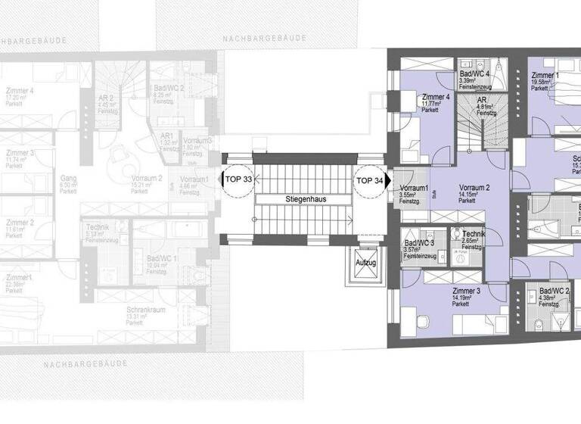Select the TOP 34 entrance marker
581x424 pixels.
coord(369,180)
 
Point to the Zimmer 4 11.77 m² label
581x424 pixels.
coord(437,101)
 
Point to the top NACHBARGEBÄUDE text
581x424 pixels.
coord(264,37)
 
